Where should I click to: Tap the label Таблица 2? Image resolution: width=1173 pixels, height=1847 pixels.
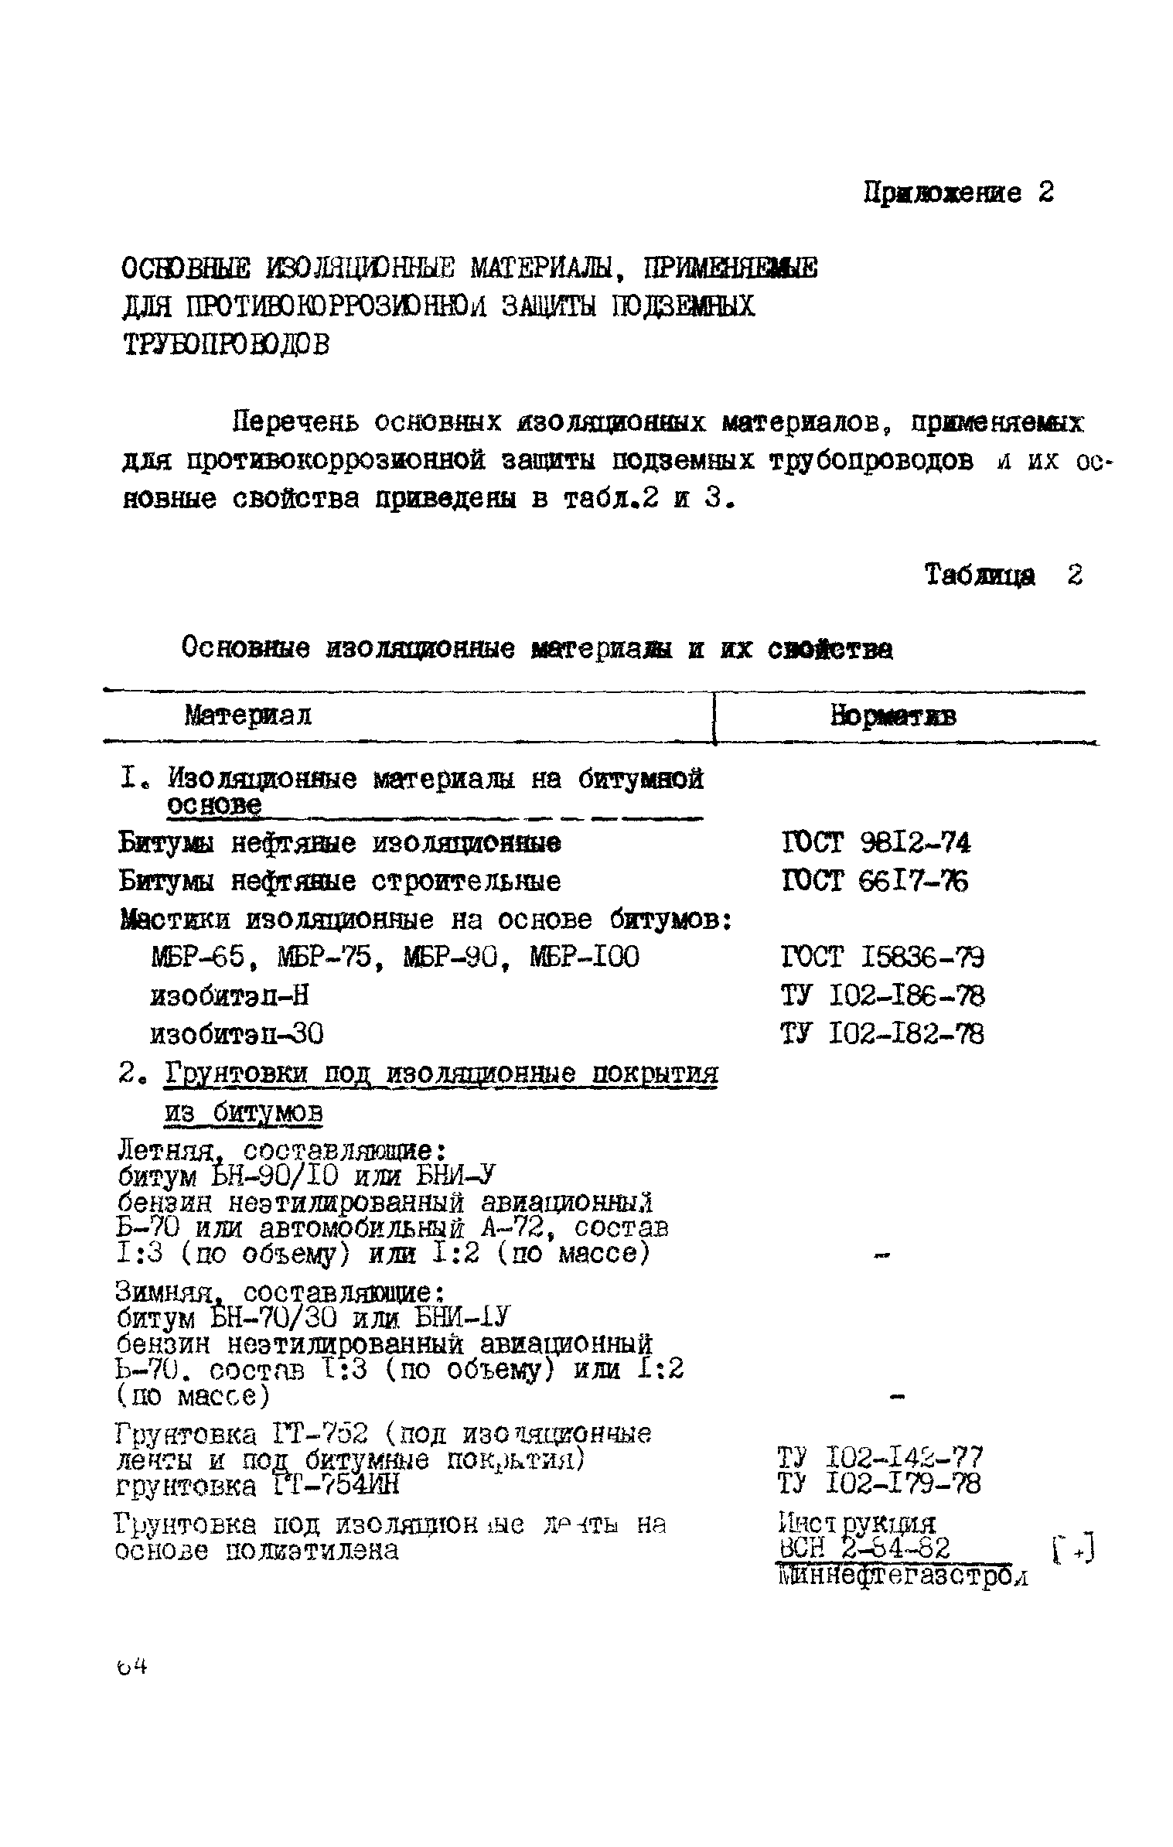[1004, 575]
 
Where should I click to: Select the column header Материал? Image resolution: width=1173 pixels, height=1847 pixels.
[248, 715]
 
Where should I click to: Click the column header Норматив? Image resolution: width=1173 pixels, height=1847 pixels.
[893, 716]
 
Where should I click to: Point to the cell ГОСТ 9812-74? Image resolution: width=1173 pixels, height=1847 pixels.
[875, 842]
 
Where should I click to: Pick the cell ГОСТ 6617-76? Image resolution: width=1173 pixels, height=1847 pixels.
[875, 881]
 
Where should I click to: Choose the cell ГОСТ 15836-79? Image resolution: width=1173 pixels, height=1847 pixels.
[882, 958]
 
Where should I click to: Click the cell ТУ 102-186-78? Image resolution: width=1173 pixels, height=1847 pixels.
[882, 995]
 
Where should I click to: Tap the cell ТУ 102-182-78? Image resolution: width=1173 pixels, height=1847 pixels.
[882, 1034]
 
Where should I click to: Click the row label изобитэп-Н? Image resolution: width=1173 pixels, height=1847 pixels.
[230, 995]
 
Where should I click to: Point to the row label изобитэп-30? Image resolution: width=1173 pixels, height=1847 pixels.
[237, 1034]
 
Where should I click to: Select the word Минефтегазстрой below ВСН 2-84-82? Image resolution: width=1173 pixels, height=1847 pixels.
[901, 1576]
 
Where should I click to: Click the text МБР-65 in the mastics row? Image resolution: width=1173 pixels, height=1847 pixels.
[198, 958]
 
